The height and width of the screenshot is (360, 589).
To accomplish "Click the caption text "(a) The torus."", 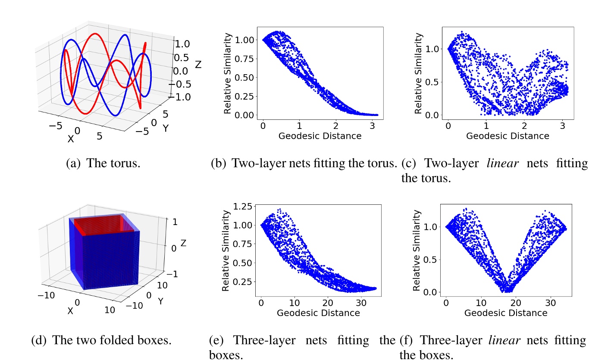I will pos(103,164).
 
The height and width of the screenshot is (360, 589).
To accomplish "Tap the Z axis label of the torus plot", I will pos(198,65).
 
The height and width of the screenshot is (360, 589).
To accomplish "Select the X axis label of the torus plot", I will pos(70,139).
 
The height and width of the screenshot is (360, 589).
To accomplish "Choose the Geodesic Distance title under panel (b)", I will pos(320,136).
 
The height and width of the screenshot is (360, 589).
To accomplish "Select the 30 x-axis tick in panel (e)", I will pos(362,303).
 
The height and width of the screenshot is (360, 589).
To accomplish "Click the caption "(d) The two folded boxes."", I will pos(102,340).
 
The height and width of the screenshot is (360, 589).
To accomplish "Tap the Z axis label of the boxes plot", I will pos(183,243).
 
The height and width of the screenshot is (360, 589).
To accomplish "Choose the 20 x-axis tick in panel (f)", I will pos(515,303).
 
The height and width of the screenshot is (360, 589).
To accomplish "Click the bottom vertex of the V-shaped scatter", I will pos(509,291).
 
